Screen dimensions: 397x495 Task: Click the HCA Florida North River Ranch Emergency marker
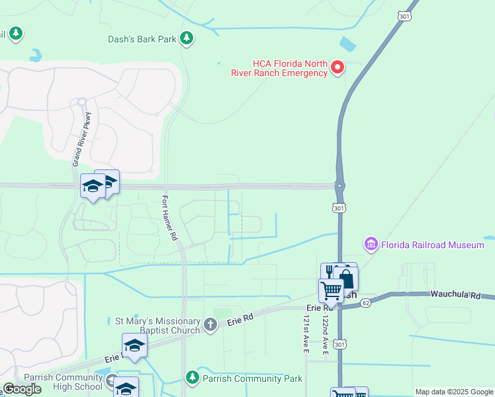pyautogui.click(x=337, y=67)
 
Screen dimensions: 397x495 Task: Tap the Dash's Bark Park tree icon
pyautogui.click(x=188, y=38)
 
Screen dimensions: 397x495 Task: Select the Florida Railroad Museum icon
pyautogui.click(x=371, y=245)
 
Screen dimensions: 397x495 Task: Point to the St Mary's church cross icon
pyautogui.click(x=210, y=324)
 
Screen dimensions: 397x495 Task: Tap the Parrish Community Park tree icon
pyautogui.click(x=192, y=378)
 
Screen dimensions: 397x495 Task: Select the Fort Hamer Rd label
pyautogui.click(x=169, y=218)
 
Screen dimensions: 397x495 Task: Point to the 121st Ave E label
pyautogui.click(x=306, y=335)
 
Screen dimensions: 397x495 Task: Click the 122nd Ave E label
pyautogui.click(x=326, y=335)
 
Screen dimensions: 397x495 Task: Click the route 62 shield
pyautogui.click(x=366, y=302)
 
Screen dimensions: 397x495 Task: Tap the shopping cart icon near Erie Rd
pyautogui.click(x=331, y=290)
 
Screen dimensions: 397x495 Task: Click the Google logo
pyautogui.click(x=22, y=389)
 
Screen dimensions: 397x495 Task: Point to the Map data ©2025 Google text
pyautogui.click(x=454, y=392)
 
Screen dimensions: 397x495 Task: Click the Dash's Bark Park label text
pyautogui.click(x=142, y=39)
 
